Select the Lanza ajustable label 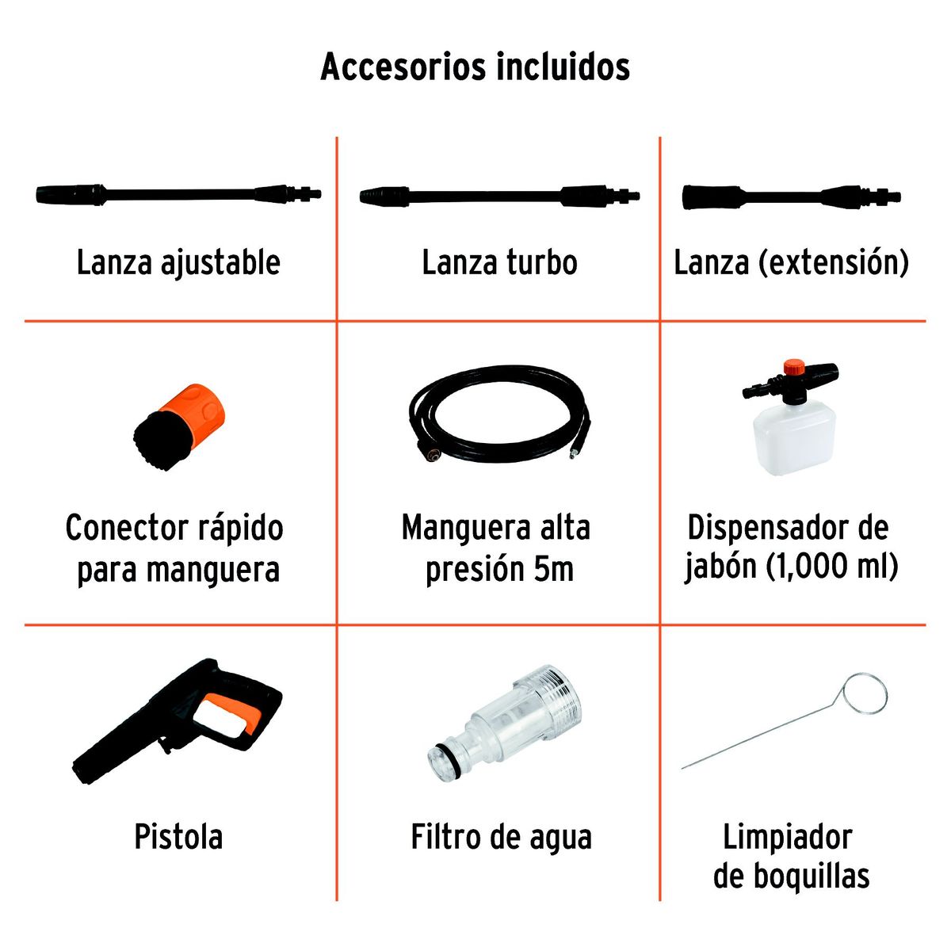[x=178, y=262]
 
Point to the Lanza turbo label [x=500, y=262]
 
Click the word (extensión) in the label [x=834, y=262]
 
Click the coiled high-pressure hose [x=499, y=413]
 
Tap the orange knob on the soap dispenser [x=795, y=369]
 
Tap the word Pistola [x=178, y=837]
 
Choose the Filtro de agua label [x=502, y=838]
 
